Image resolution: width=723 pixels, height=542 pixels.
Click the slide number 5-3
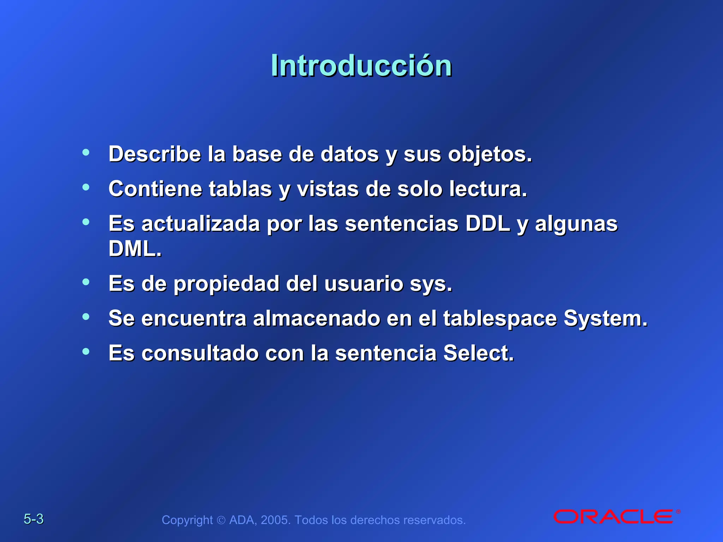pyautogui.click(x=34, y=519)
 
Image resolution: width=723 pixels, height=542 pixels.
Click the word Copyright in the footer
pyautogui.click(x=187, y=520)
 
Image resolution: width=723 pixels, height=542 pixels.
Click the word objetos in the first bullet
pyautogui.click(x=489, y=155)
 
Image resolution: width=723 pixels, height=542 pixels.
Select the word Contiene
pyautogui.click(x=155, y=189)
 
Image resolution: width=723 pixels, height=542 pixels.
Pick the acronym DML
pyautogui.click(x=135, y=248)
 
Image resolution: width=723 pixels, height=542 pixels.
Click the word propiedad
pyautogui.click(x=226, y=284)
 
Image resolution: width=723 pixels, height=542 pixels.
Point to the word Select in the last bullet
pyautogui.click(x=478, y=353)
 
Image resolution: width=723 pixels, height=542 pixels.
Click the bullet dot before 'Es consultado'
pyautogui.click(x=86, y=351)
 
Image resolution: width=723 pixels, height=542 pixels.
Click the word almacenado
pyautogui.click(x=316, y=319)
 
